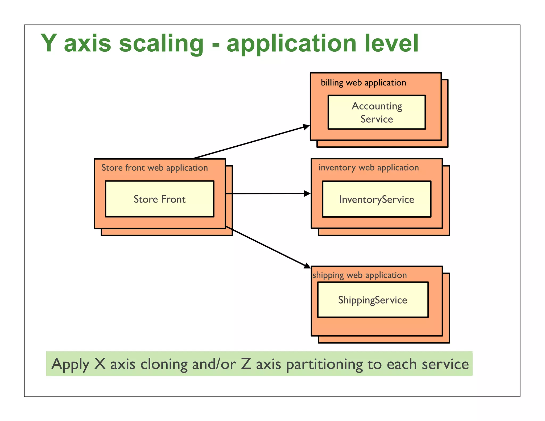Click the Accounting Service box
(x=377, y=112)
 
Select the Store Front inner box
(x=159, y=199)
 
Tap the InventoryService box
(x=377, y=199)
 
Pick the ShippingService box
(x=373, y=300)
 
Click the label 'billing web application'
(x=363, y=83)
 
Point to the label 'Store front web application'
(x=154, y=168)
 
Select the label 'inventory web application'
(x=369, y=168)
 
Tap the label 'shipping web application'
(x=360, y=275)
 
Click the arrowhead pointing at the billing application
(x=307, y=127)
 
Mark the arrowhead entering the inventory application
(x=307, y=193)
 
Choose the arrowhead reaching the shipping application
(x=307, y=266)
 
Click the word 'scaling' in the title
(x=161, y=44)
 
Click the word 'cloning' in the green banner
(x=164, y=364)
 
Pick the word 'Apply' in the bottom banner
(x=70, y=364)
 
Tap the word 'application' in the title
(x=291, y=44)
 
